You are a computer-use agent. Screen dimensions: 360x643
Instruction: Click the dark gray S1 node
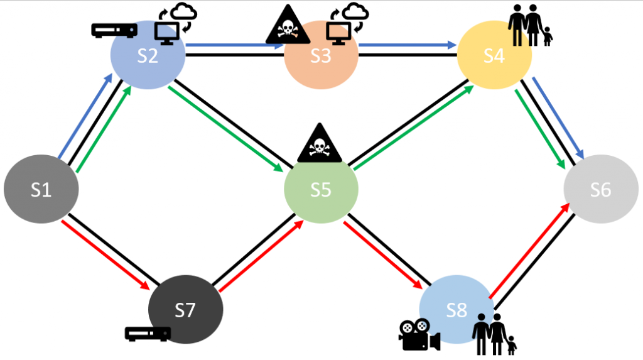(41, 189)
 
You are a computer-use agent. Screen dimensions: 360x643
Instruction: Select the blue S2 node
(148, 55)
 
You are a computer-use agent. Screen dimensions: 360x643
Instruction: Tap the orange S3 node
(321, 56)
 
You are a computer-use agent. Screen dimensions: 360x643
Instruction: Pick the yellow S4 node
(494, 56)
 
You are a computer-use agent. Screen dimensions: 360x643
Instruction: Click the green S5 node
(321, 189)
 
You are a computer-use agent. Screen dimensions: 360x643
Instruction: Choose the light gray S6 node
(601, 189)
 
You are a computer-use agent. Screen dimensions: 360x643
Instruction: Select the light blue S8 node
(457, 310)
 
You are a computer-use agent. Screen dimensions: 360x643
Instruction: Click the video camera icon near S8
(418, 335)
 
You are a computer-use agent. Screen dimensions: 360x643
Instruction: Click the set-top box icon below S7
(148, 334)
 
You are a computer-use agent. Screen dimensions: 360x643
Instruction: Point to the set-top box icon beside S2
(114, 30)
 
